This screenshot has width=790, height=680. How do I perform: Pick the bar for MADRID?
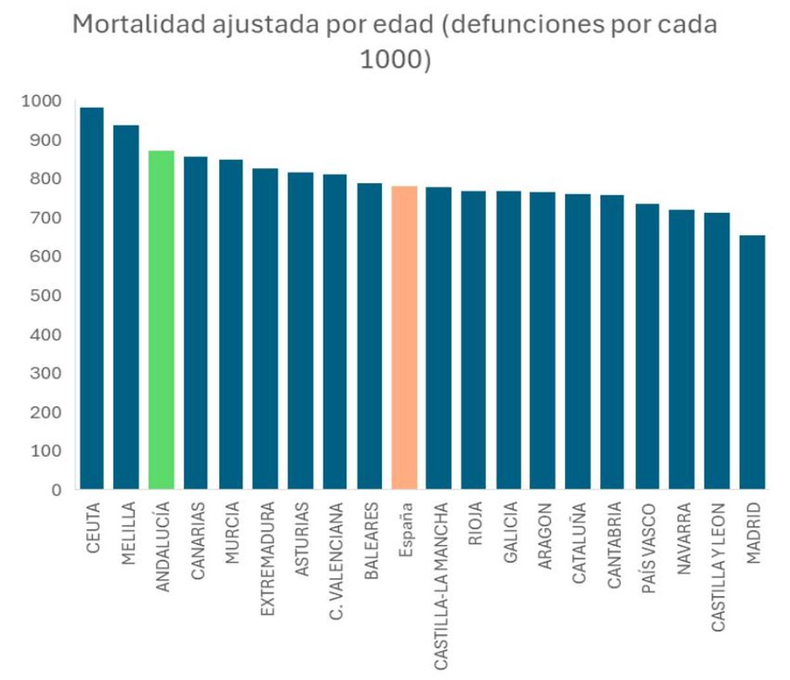(x=752, y=362)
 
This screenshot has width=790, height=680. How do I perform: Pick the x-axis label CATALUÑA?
(x=579, y=543)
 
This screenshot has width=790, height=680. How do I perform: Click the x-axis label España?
(x=406, y=530)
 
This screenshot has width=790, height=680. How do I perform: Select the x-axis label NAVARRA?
(x=684, y=538)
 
